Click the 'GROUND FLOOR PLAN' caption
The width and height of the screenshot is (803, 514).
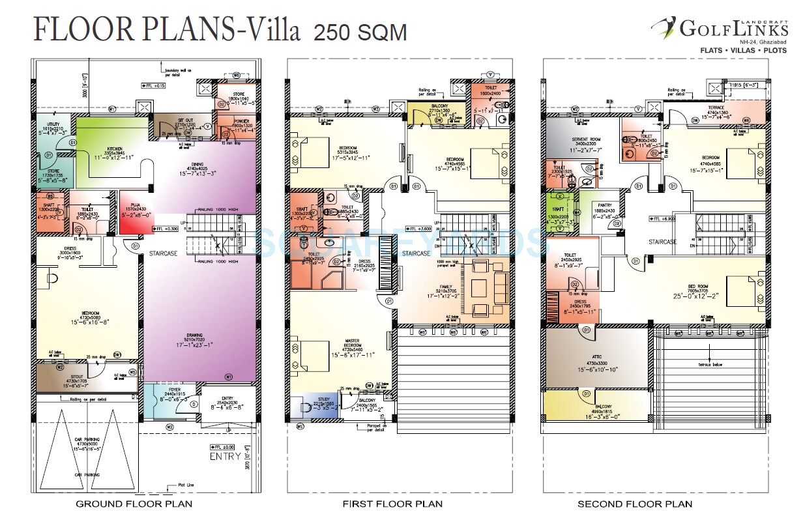click(x=134, y=504)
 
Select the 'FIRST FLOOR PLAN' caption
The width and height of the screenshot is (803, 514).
click(x=392, y=504)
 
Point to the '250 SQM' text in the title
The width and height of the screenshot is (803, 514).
click(x=360, y=32)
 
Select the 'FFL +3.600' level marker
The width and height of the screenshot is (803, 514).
click(x=420, y=229)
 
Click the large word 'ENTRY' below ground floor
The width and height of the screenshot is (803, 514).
click(x=225, y=457)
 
